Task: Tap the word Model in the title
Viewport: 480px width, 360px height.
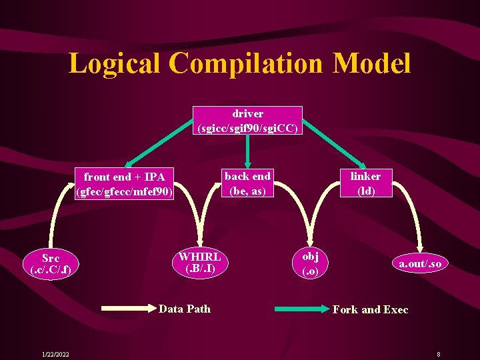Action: click(372, 64)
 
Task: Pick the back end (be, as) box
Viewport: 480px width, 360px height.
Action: click(247, 183)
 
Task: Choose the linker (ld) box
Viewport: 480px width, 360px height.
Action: click(365, 183)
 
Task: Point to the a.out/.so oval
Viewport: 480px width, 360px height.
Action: click(420, 264)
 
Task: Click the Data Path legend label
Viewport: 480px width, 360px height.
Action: click(185, 309)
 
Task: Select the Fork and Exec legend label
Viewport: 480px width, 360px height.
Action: click(370, 309)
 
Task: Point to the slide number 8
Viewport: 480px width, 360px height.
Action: click(438, 353)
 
